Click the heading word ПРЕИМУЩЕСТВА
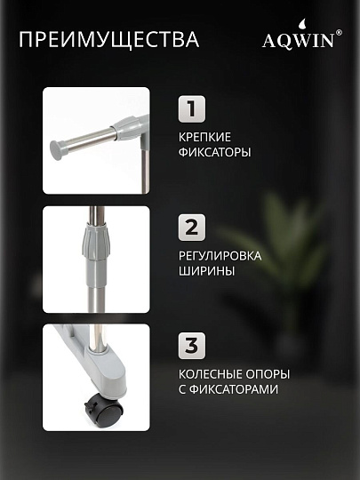click(x=109, y=39)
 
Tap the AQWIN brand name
click(x=299, y=40)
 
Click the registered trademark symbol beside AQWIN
click(x=339, y=33)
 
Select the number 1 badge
click(x=192, y=109)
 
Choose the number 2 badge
click(x=192, y=228)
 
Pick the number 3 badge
click(x=192, y=346)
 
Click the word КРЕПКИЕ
click(x=204, y=137)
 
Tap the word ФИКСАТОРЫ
click(x=214, y=152)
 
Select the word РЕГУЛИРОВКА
click(x=220, y=256)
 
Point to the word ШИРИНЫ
click(x=206, y=271)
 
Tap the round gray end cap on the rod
click(x=57, y=150)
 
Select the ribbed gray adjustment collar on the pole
click(x=94, y=243)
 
